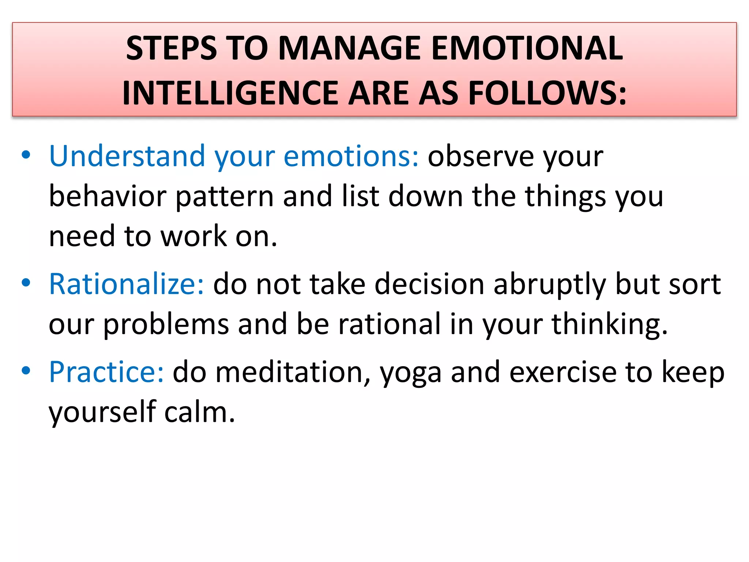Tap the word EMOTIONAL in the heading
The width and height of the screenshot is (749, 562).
pyautogui.click(x=527, y=48)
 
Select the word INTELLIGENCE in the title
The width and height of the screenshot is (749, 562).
pyautogui.click(x=230, y=93)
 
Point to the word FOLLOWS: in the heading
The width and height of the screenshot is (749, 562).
pyautogui.click(x=547, y=93)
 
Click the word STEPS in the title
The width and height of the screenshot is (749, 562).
pyautogui.click(x=171, y=48)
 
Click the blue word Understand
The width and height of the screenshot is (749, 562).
pyautogui.click(x=127, y=156)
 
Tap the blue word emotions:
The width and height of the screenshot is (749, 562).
pyautogui.click(x=351, y=156)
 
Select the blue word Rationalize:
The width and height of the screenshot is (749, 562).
pyautogui.click(x=127, y=284)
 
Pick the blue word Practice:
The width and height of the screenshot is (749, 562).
pyautogui.click(x=106, y=372)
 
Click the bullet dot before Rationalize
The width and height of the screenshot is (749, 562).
pyautogui.click(x=26, y=282)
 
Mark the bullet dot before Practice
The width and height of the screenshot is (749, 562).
pyautogui.click(x=26, y=371)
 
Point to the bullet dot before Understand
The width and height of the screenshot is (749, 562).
pyautogui.click(x=26, y=155)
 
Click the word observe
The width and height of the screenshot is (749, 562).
pyautogui.click(x=481, y=156)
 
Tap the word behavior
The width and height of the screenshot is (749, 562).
pyautogui.click(x=108, y=196)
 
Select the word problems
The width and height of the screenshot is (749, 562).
pyautogui.click(x=166, y=325)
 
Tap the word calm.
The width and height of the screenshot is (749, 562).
pyautogui.click(x=199, y=412)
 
